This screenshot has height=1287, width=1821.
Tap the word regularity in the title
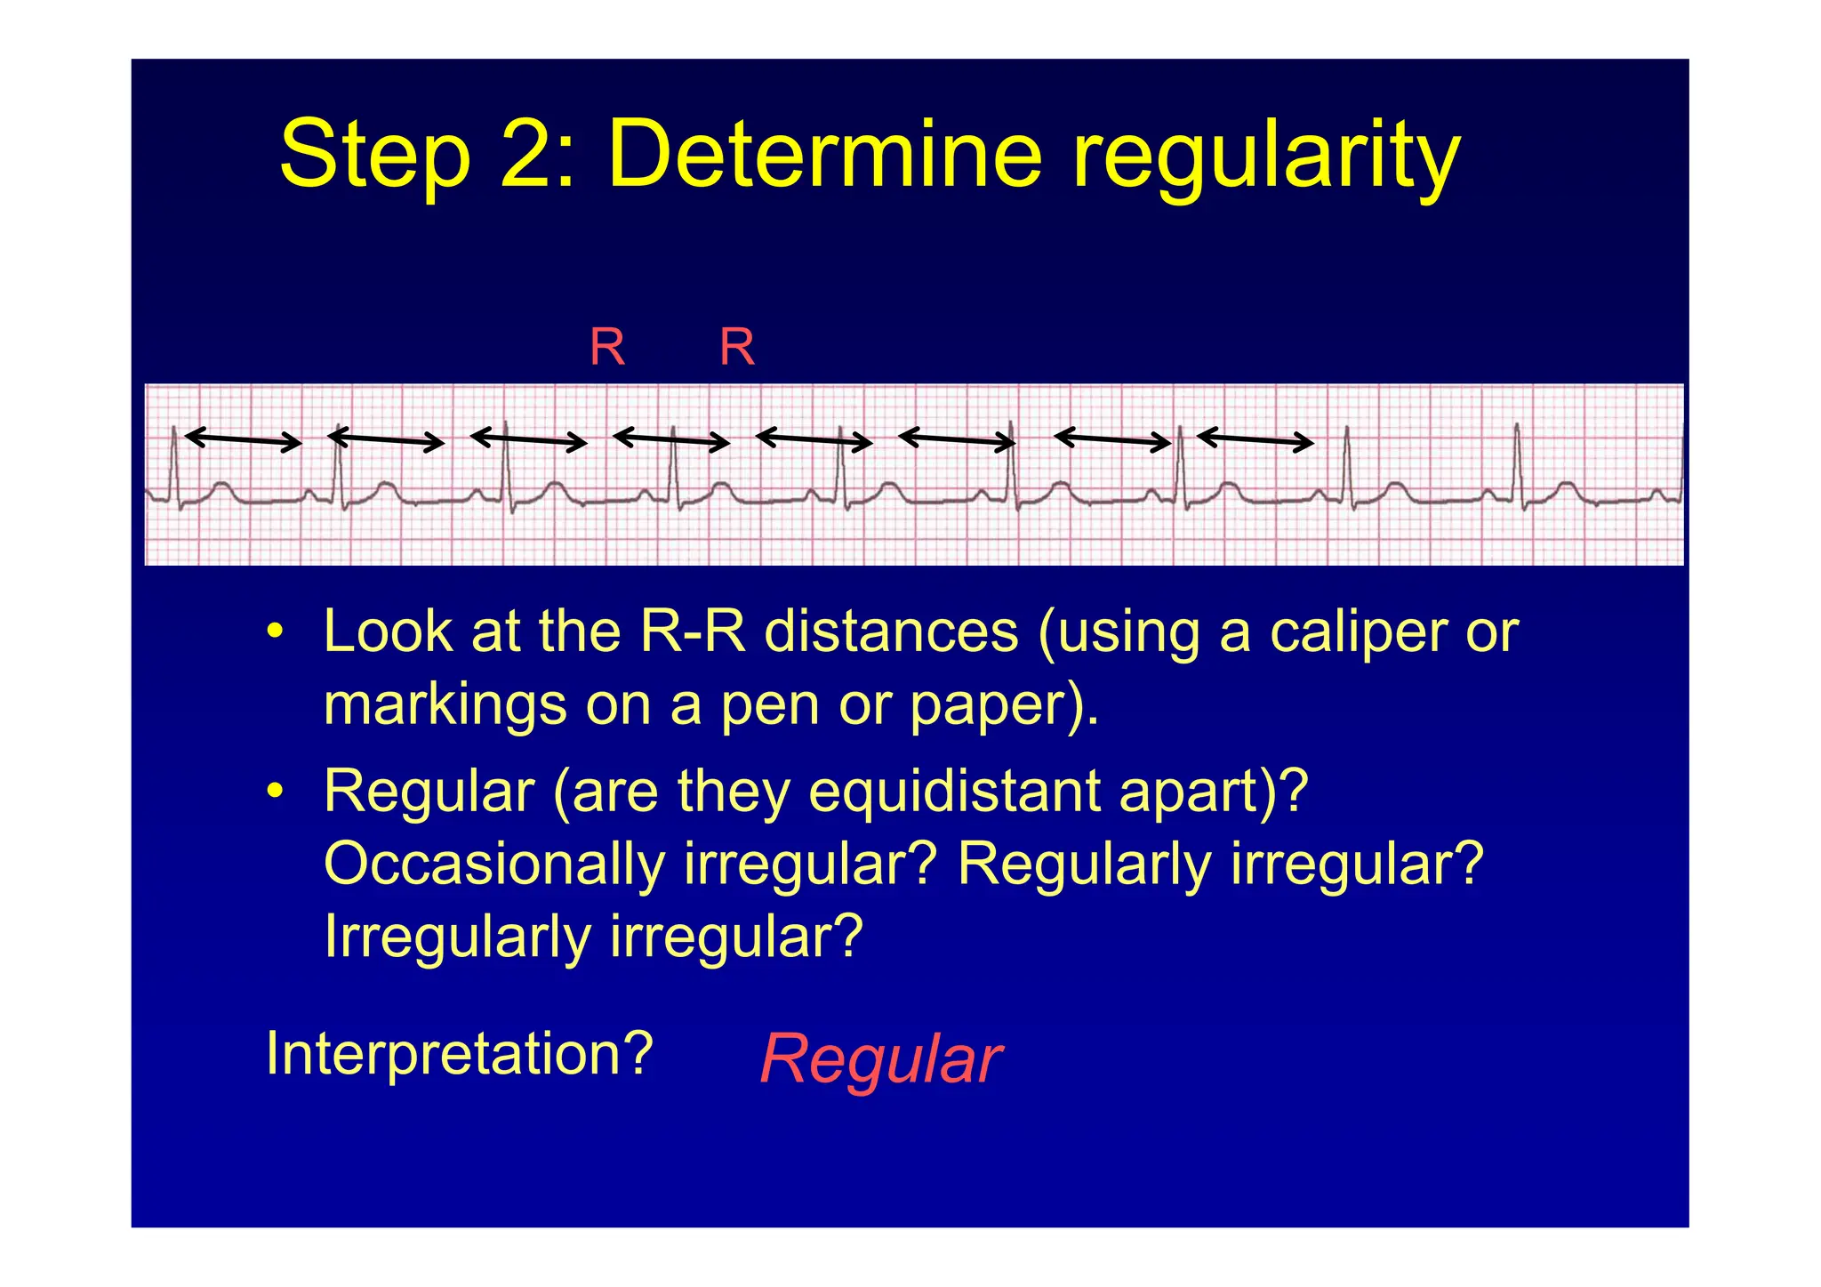point(1266,157)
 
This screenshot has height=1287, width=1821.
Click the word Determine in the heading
point(823,156)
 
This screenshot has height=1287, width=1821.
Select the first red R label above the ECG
point(607,347)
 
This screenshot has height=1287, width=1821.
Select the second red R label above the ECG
point(737,347)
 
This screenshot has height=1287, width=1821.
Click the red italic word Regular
point(880,1059)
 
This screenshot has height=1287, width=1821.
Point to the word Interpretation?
point(460,1054)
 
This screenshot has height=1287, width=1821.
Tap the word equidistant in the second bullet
point(952,791)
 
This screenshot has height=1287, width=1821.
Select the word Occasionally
point(494,864)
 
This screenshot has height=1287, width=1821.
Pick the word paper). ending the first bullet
point(1003,704)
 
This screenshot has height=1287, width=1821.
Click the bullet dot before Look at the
point(276,633)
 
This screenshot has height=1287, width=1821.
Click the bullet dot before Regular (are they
point(276,792)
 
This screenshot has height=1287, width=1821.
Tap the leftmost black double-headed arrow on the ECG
point(243,439)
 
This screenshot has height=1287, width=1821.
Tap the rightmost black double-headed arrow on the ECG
point(1255,439)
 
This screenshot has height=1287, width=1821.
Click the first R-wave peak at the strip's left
point(173,430)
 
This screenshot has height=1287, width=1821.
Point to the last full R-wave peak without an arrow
point(1517,427)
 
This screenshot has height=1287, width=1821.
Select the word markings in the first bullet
point(445,704)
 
